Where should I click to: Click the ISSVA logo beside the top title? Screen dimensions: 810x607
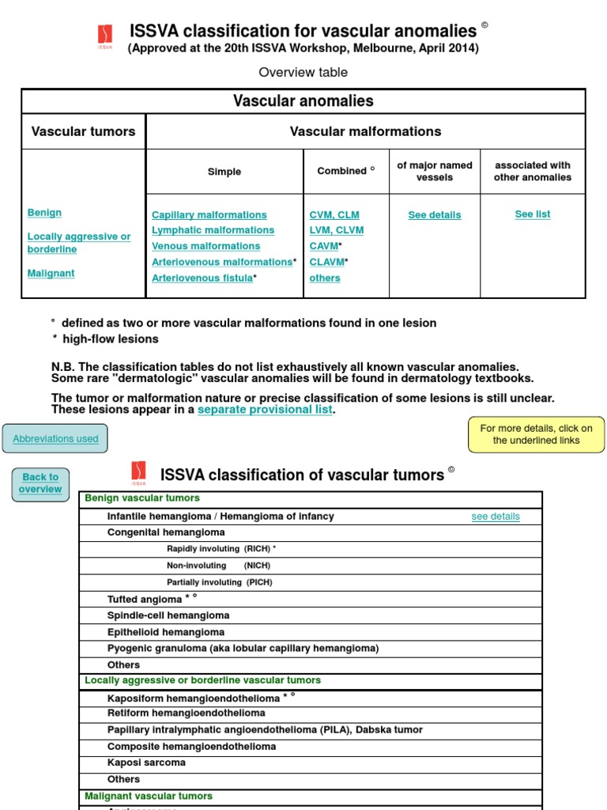pyautogui.click(x=105, y=36)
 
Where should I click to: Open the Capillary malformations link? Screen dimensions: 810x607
pyautogui.click(x=209, y=215)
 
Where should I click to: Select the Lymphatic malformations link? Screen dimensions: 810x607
pyautogui.click(x=213, y=230)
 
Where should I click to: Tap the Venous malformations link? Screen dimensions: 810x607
pyautogui.click(x=205, y=246)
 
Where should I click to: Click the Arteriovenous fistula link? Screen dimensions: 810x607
pyautogui.click(x=202, y=278)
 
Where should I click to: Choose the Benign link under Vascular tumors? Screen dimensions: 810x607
pyautogui.click(x=44, y=213)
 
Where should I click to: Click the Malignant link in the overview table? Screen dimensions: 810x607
pyautogui.click(x=51, y=274)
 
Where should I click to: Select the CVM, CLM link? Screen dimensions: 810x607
pyautogui.click(x=334, y=215)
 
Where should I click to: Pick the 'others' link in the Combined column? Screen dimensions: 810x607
pyautogui.click(x=325, y=278)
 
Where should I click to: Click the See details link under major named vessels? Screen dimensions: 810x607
pyautogui.click(x=434, y=215)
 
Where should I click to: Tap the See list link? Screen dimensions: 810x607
pyautogui.click(x=532, y=214)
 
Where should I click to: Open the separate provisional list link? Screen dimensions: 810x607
pyautogui.click(x=265, y=410)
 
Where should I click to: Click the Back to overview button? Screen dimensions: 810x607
pyautogui.click(x=40, y=483)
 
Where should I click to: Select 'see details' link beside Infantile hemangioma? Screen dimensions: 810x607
pyautogui.click(x=496, y=517)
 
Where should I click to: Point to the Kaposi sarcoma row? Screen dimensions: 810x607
pyautogui.click(x=146, y=763)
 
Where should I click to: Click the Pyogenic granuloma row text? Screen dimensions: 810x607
pyautogui.click(x=243, y=649)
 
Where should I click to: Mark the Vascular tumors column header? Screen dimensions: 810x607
pyautogui.click(x=83, y=131)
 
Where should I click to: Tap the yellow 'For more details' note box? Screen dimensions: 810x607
pyautogui.click(x=536, y=434)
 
